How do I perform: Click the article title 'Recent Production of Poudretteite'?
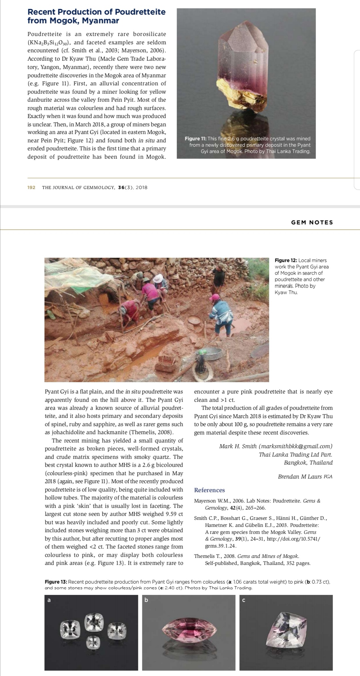tap(96, 12)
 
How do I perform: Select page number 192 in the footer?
tap(31, 187)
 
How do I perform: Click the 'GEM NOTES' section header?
tap(312, 222)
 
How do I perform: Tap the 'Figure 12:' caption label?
tap(286, 260)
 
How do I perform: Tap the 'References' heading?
tap(209, 490)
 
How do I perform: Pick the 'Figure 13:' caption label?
tap(55, 582)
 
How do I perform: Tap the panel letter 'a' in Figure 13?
tap(49, 600)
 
